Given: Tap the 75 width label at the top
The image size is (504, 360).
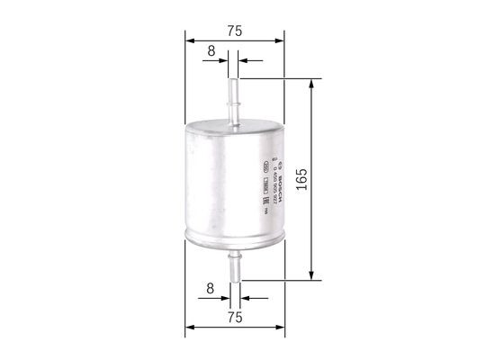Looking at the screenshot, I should coord(234,30).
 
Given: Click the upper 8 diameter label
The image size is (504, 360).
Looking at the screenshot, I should coord(211,52).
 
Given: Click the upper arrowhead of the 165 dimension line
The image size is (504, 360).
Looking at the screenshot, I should coord(312,84).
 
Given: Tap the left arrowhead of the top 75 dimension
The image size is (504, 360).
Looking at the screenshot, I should coord(189,40).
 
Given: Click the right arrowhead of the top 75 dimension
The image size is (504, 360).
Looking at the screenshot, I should coord(279,40).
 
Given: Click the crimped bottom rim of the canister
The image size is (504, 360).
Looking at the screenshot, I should coord(234,240).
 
